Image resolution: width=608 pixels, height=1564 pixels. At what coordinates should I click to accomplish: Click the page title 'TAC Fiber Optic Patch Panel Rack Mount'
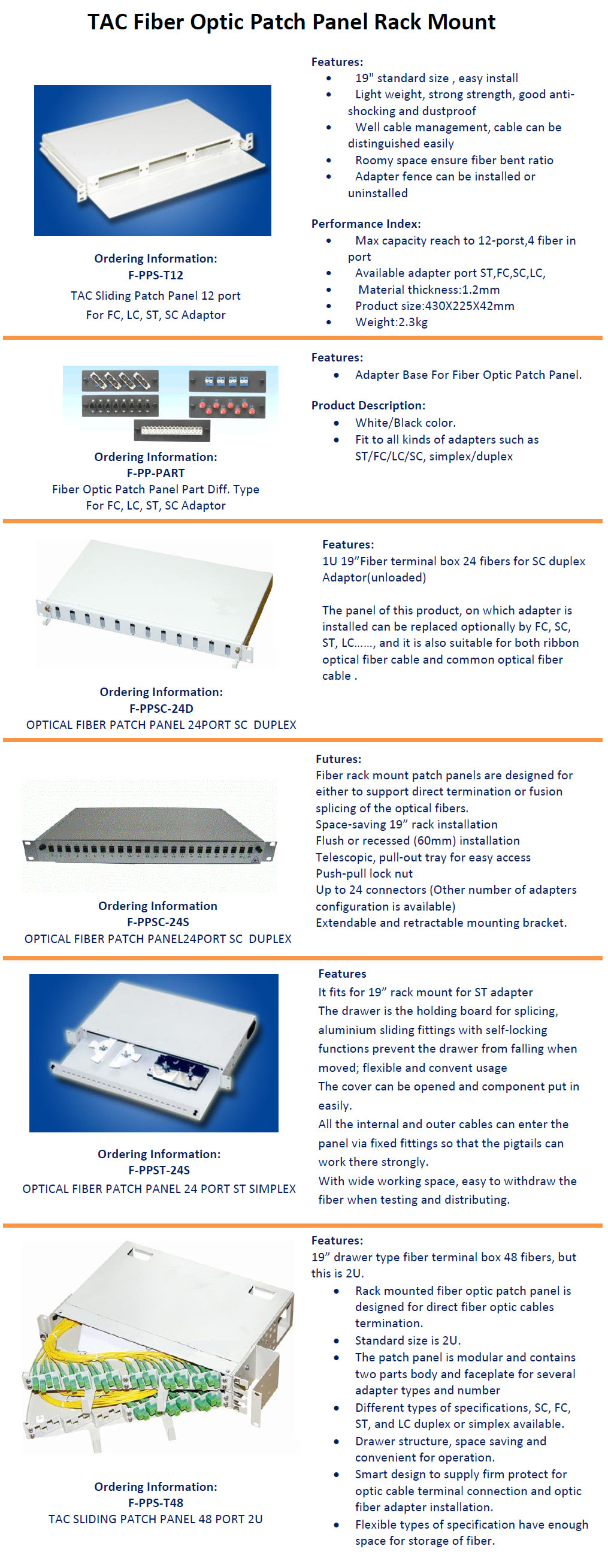point(292,22)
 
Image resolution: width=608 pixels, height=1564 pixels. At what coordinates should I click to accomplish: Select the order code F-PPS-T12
point(156,275)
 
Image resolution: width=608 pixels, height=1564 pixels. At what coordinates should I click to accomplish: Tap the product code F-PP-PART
point(156,473)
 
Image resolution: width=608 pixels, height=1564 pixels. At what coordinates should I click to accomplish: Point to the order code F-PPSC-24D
point(161,709)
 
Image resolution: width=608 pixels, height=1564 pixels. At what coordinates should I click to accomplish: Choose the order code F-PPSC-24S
point(158,922)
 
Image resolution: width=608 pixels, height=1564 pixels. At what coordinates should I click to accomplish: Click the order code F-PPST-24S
point(159,1170)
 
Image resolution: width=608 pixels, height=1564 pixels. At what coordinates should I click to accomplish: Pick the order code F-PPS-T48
point(156,1503)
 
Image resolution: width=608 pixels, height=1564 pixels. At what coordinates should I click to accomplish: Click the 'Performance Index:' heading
point(366,224)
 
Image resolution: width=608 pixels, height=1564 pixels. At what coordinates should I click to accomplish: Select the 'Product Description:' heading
point(368,405)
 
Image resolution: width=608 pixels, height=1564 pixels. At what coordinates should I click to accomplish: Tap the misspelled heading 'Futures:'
point(338,759)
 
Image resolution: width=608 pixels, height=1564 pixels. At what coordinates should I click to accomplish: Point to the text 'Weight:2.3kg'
point(391,322)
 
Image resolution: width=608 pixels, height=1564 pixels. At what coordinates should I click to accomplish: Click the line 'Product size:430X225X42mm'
point(434,305)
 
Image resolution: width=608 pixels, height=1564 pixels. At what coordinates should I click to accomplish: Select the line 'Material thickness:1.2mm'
point(428,290)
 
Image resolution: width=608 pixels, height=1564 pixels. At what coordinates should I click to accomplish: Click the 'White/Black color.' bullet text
point(406,423)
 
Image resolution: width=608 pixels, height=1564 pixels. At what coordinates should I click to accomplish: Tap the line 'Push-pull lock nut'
point(364,873)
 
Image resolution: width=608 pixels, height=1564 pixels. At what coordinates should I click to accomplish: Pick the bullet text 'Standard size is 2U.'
point(408,1340)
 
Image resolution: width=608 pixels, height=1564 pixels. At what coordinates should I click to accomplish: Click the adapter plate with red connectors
point(227,406)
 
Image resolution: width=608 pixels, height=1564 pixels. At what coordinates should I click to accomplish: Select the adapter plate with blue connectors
point(227,381)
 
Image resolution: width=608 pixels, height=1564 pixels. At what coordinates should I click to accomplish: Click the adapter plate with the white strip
point(173,430)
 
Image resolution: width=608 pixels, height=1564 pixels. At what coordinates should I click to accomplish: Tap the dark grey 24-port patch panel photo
point(149,836)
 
